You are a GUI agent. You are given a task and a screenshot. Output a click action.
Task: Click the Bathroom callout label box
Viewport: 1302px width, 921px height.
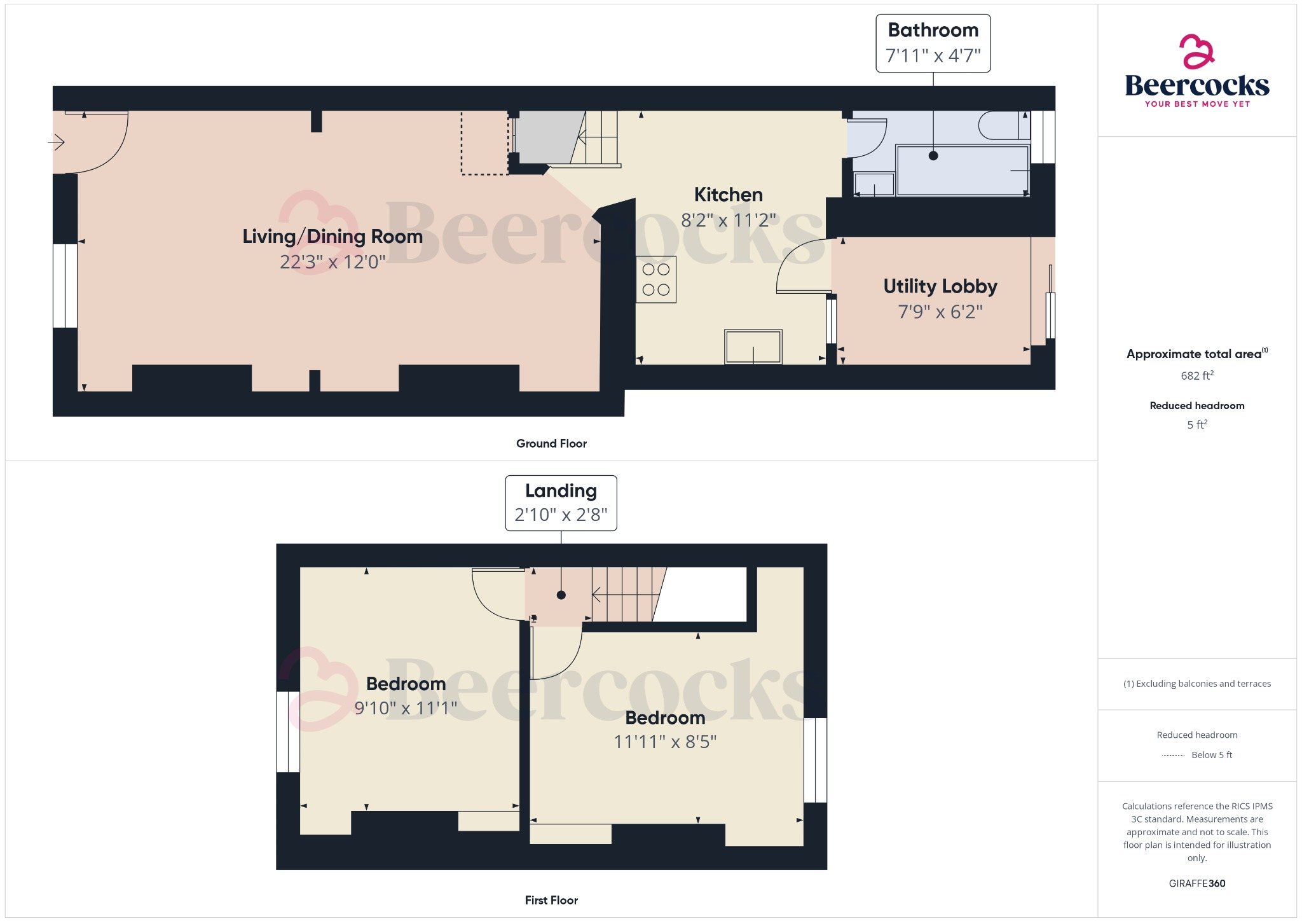click(933, 43)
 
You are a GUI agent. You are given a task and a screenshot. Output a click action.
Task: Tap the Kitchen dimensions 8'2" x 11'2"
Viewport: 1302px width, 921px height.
click(728, 221)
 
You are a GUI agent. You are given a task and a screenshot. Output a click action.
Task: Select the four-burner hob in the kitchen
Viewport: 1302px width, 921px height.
click(656, 280)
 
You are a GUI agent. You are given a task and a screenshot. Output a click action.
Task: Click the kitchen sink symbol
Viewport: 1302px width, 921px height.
click(753, 347)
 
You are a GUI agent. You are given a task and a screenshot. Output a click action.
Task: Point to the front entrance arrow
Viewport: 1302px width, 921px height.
click(57, 142)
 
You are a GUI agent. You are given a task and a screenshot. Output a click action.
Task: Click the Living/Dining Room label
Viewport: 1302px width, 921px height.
click(332, 237)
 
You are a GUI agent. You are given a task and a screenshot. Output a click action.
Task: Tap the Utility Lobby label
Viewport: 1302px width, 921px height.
click(940, 286)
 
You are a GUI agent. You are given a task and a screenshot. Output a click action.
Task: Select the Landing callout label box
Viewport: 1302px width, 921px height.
click(561, 502)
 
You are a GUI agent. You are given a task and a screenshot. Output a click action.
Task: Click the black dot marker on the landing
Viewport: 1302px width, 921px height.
click(561, 595)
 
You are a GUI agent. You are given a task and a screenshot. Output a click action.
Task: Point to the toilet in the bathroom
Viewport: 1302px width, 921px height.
click(1003, 126)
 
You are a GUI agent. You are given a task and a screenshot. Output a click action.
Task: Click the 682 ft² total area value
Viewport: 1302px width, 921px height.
click(1196, 376)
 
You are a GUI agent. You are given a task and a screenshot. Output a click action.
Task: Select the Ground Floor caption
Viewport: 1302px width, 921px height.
click(551, 444)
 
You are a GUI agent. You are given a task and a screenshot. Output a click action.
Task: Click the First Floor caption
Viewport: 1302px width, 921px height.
click(551, 900)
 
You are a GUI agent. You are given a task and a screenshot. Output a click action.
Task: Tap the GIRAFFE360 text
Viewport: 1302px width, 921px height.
click(1196, 883)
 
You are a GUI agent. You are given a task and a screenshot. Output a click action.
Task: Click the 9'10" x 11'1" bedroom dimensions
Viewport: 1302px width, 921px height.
click(406, 709)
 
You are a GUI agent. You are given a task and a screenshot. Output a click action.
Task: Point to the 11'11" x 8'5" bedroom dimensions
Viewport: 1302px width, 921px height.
click(665, 742)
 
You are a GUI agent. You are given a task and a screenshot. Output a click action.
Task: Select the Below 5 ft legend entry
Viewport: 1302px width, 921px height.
click(1211, 755)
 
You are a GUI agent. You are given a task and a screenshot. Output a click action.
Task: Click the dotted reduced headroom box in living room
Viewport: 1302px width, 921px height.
click(484, 142)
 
